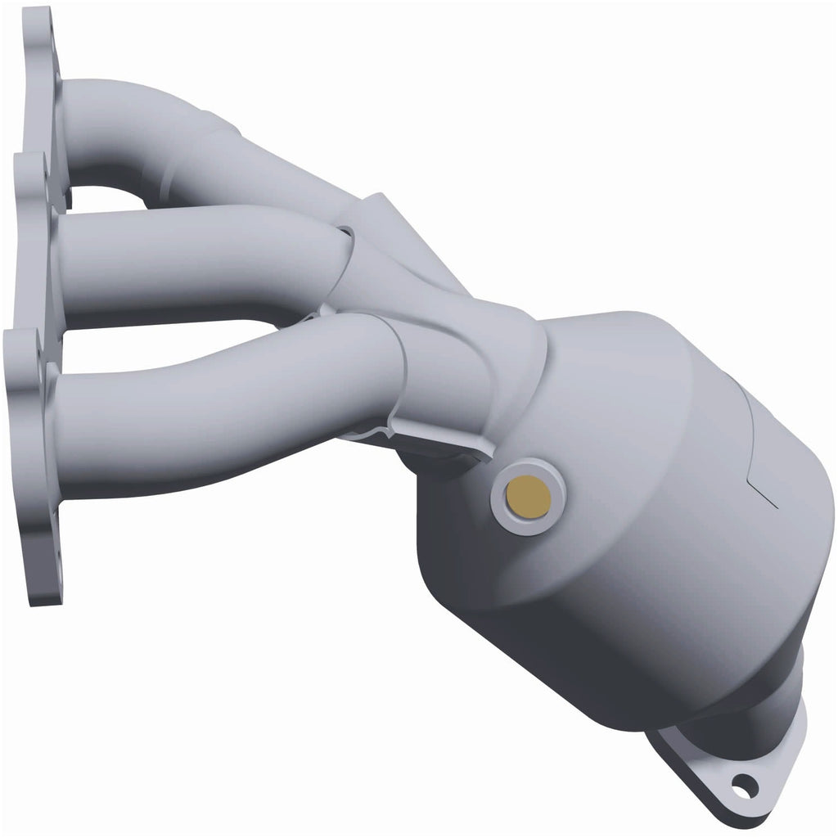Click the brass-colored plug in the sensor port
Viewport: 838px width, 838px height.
528,494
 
